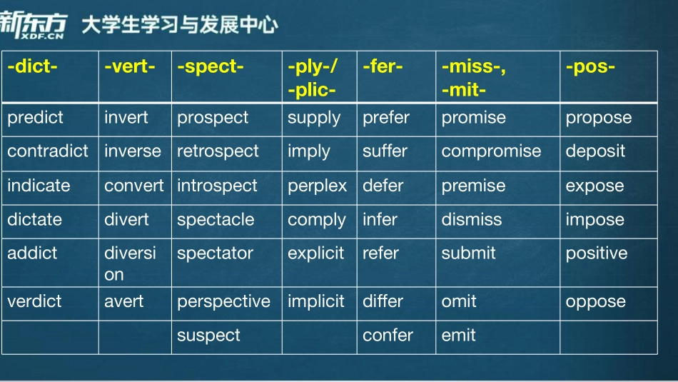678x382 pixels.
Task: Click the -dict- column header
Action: [x=32, y=67]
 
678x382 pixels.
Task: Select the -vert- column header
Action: [x=129, y=67]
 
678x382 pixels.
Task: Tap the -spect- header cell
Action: [x=211, y=67]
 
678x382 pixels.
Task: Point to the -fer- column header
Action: [x=383, y=67]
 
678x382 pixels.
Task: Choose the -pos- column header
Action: [x=590, y=67]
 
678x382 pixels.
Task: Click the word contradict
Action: [x=48, y=151]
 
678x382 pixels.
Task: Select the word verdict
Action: [x=34, y=301]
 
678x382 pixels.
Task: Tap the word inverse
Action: [x=133, y=151]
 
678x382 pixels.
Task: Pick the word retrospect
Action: [x=218, y=151]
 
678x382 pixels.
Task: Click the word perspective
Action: [x=223, y=301]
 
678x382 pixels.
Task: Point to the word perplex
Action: [x=317, y=186]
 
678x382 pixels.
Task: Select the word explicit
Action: [x=315, y=253]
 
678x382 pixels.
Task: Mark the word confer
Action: [x=388, y=336]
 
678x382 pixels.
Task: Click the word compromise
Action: [x=491, y=151]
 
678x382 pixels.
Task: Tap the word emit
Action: [x=458, y=336]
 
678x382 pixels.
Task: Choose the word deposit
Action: [x=595, y=151]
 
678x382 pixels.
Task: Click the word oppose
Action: [x=595, y=301]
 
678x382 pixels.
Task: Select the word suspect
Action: [x=208, y=336]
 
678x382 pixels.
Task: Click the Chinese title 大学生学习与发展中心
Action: [x=179, y=26]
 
